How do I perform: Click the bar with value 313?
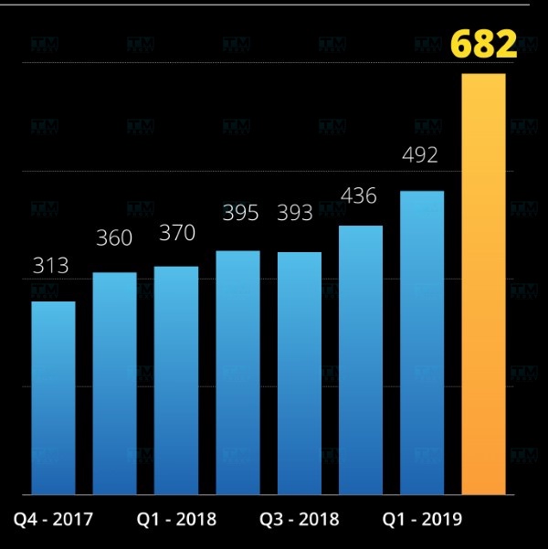pyautogui.click(x=53, y=397)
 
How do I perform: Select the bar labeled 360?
pyautogui.click(x=114, y=383)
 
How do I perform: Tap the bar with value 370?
pyautogui.click(x=175, y=380)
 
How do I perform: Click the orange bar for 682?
pyautogui.click(x=483, y=283)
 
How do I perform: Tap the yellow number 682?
pyautogui.click(x=483, y=45)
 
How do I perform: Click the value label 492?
pyautogui.click(x=420, y=155)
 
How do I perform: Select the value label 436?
pyautogui.click(x=359, y=195)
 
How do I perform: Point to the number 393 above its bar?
pyautogui.click(x=294, y=214)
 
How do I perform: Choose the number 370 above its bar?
pyautogui.click(x=177, y=233)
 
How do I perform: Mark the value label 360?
pyautogui.click(x=114, y=238)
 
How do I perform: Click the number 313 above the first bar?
pyautogui.click(x=51, y=267)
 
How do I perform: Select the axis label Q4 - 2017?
pyautogui.click(x=53, y=520)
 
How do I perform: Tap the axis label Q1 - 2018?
pyautogui.click(x=176, y=520)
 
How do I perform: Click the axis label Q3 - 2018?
pyautogui.click(x=299, y=520)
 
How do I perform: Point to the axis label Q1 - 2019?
pyautogui.click(x=422, y=520)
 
